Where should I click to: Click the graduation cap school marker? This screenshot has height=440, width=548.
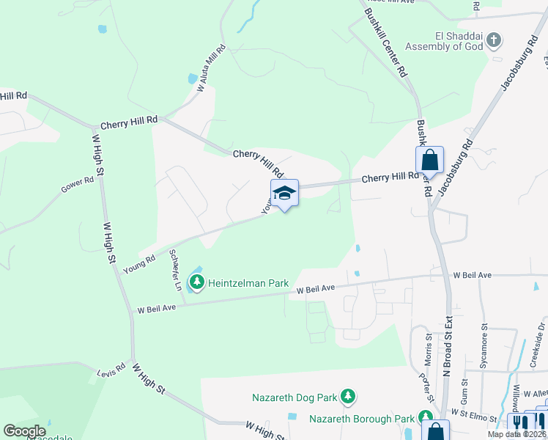click(284, 194)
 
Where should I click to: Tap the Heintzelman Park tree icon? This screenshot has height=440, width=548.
click(196, 282)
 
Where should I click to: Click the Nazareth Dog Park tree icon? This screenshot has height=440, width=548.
click(349, 397)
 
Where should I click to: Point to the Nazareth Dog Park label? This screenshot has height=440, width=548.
click(295, 398)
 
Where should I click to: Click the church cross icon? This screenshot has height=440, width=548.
click(495, 40)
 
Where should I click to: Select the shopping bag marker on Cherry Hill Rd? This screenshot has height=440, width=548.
click(430, 160)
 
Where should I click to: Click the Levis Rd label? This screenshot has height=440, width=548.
click(111, 373)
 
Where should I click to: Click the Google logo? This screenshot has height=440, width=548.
click(24, 431)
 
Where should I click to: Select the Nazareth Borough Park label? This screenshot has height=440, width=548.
click(362, 419)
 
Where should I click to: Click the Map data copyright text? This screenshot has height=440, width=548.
click(516, 434)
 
